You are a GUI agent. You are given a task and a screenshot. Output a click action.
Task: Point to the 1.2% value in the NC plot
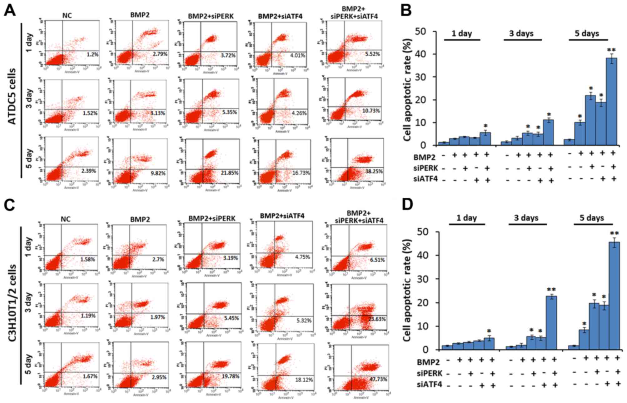(x=92, y=54)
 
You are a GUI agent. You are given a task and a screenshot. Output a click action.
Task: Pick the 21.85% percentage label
(x=229, y=173)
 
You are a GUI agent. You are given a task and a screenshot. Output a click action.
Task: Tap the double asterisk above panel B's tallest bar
(x=611, y=50)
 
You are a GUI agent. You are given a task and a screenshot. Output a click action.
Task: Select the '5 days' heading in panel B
(x=587, y=33)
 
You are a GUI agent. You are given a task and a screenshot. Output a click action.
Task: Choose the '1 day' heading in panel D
(x=466, y=218)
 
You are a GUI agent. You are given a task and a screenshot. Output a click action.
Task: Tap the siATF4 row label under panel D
(x=429, y=385)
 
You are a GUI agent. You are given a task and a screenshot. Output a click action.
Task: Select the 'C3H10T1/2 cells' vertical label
(x=12, y=303)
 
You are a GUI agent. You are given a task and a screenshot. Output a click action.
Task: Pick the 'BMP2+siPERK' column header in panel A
(x=211, y=16)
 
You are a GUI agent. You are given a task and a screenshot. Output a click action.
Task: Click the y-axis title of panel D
(x=407, y=291)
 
